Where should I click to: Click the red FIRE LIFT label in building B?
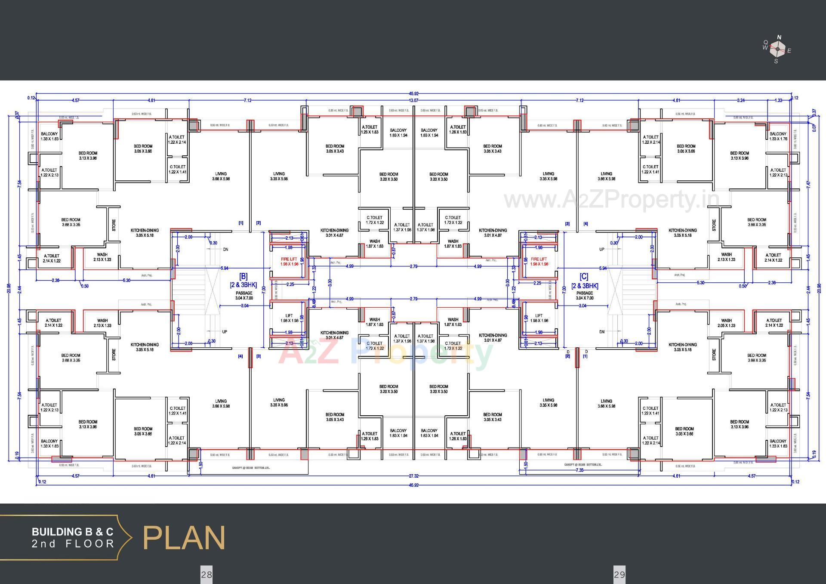click(x=289, y=261)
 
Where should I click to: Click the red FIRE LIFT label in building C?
click(x=539, y=261)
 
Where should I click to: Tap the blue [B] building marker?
click(x=243, y=276)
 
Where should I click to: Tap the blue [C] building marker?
click(x=584, y=276)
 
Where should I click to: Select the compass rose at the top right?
click(x=778, y=49)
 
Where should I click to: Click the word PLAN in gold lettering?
click(x=184, y=538)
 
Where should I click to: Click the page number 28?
click(x=206, y=574)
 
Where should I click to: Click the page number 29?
click(x=619, y=574)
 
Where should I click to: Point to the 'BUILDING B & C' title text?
click(x=72, y=532)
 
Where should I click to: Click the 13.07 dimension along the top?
click(x=413, y=100)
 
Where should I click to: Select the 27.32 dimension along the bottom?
click(x=413, y=476)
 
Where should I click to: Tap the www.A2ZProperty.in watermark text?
click(x=611, y=199)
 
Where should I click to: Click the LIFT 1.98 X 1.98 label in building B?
click(x=289, y=318)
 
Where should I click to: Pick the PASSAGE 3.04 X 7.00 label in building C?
click(x=584, y=295)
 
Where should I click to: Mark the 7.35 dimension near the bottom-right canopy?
click(x=579, y=470)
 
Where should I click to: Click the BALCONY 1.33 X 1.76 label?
click(x=778, y=136)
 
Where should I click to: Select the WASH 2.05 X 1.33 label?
click(x=726, y=323)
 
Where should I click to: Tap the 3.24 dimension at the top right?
click(x=740, y=100)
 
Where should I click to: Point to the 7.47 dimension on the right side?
click(x=808, y=184)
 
